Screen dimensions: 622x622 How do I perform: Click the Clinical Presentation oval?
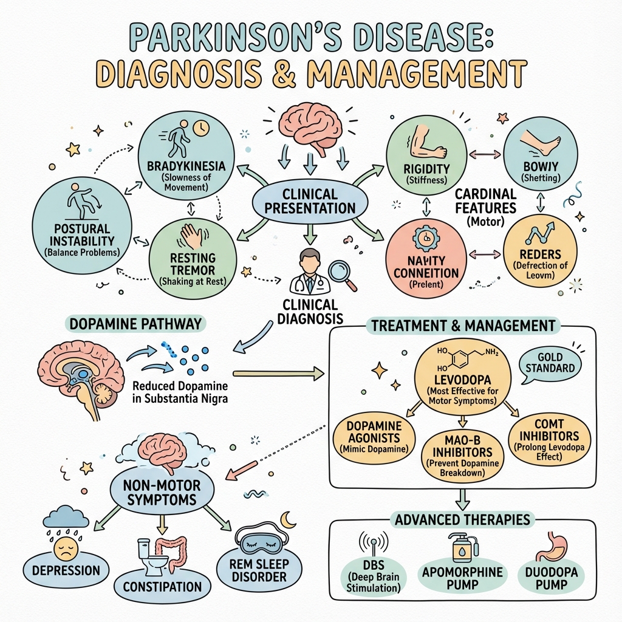(x=310, y=201)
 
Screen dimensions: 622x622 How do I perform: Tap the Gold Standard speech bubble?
(x=550, y=363)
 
